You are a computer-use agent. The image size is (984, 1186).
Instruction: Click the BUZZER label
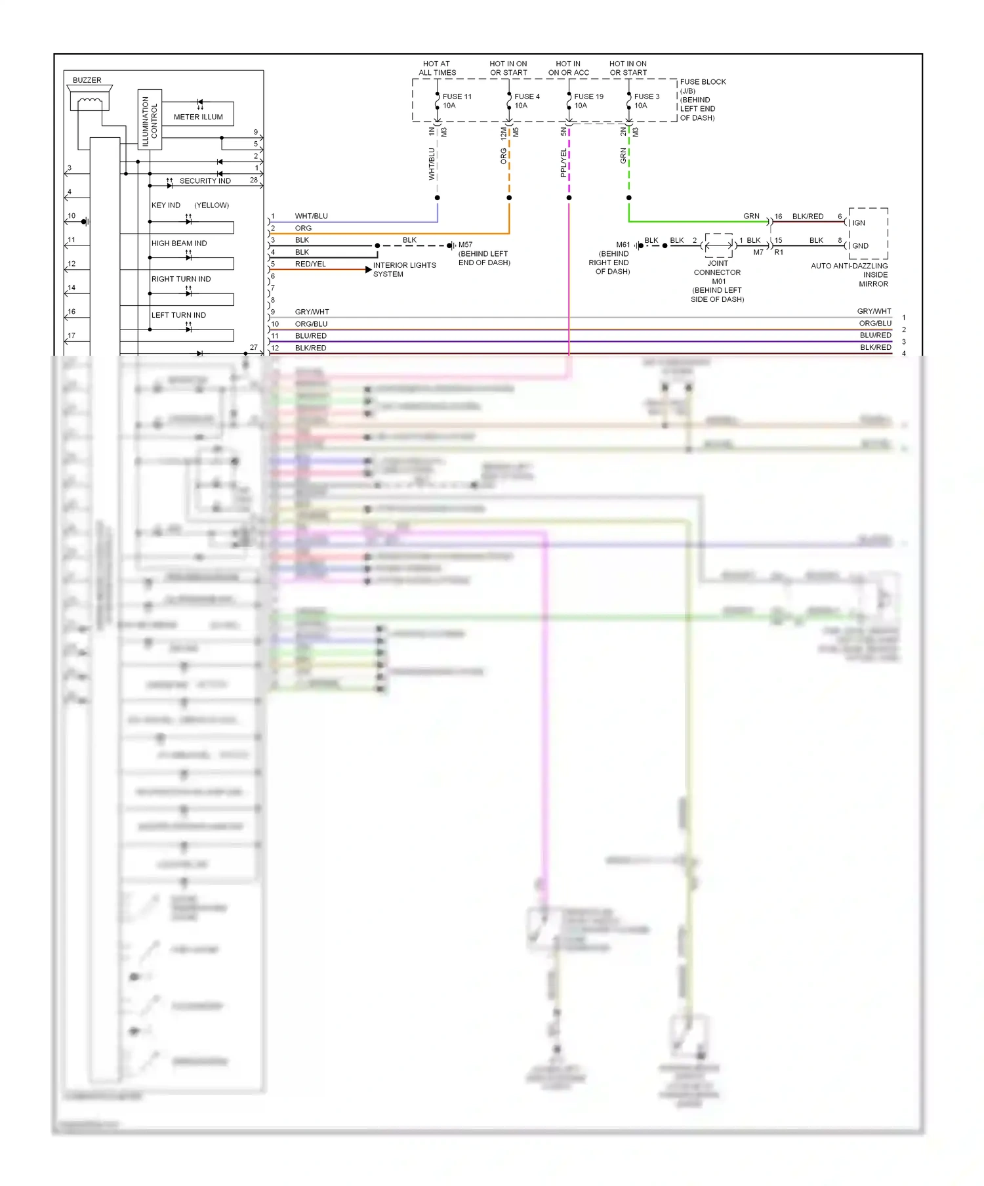click(x=87, y=80)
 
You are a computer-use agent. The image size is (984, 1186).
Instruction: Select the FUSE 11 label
click(x=457, y=96)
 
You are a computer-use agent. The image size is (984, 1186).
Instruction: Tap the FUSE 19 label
click(x=588, y=96)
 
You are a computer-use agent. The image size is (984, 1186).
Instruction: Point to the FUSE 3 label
click(x=646, y=96)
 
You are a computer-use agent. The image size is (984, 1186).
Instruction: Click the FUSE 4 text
click(x=527, y=96)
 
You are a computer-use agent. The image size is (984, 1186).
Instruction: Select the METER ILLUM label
click(x=198, y=117)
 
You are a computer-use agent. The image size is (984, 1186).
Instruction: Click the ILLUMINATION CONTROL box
click(x=150, y=120)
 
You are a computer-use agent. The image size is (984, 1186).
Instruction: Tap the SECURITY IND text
click(x=205, y=181)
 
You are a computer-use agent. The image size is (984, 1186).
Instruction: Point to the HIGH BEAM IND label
click(x=179, y=244)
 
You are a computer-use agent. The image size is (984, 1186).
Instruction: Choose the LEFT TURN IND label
click(x=178, y=315)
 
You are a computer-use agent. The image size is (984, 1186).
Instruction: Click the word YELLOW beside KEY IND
click(x=211, y=205)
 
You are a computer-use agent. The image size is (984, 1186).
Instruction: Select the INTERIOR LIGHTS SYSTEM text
click(x=403, y=270)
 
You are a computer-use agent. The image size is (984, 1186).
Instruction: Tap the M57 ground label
click(x=465, y=245)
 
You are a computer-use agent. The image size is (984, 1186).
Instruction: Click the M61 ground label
click(x=623, y=245)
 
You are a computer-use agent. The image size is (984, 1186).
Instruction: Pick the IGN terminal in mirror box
click(x=859, y=223)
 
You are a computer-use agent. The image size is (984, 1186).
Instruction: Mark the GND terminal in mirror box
click(x=860, y=246)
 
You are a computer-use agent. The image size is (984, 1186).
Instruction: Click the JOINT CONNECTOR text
click(x=717, y=268)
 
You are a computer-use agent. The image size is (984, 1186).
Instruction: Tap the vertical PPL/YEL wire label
click(x=564, y=163)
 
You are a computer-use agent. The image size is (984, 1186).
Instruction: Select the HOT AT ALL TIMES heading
click(x=437, y=68)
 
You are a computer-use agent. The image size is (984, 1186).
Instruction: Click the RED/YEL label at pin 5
click(x=310, y=265)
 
